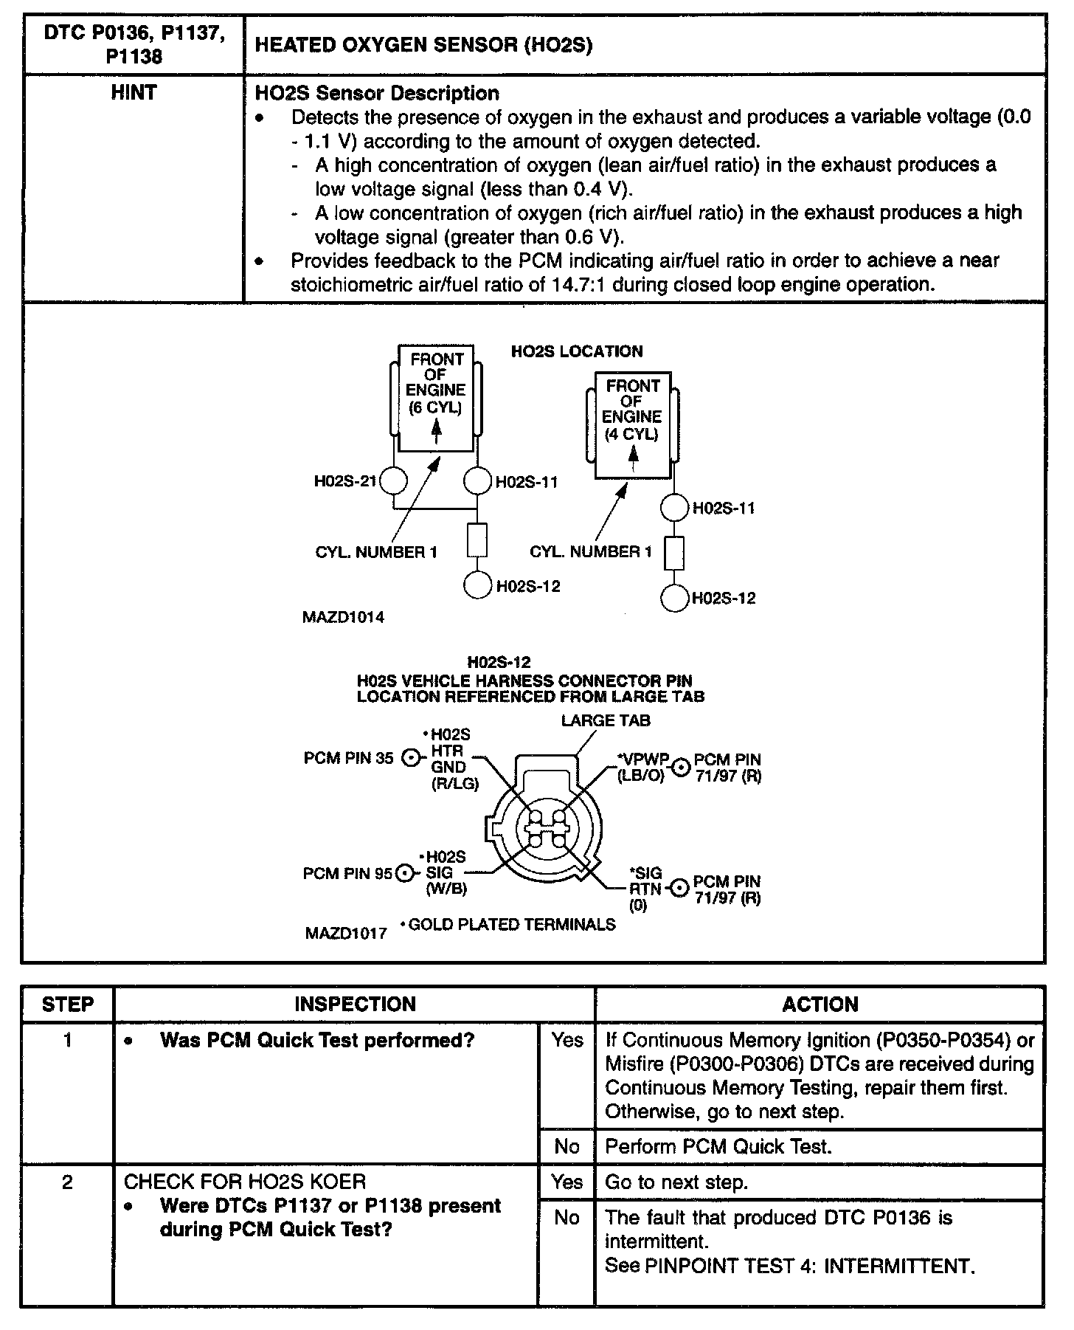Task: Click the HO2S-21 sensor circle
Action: [393, 482]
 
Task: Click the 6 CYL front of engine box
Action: [436, 399]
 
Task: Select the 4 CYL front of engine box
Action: [632, 425]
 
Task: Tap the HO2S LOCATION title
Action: [577, 351]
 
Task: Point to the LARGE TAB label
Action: [606, 720]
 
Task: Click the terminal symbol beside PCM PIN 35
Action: [410, 758]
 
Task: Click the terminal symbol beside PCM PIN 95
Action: [405, 873]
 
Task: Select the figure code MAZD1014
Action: [343, 617]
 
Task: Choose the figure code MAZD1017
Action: [346, 934]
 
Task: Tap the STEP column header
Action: [68, 1005]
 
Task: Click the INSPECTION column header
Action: [355, 1005]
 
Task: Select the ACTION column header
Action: [820, 1005]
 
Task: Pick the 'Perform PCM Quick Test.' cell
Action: [718, 1146]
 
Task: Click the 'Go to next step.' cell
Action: [676, 1182]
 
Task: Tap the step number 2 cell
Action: [68, 1182]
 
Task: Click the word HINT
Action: [134, 93]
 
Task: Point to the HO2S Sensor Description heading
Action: [376, 94]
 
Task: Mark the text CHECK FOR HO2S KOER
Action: [244, 1182]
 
